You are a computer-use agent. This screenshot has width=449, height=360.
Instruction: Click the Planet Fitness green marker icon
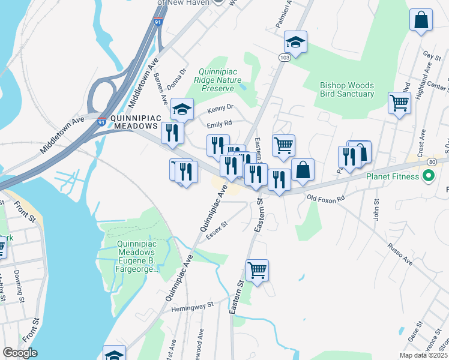click(x=429, y=177)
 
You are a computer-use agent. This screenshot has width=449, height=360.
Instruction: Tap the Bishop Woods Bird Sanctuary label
click(x=347, y=89)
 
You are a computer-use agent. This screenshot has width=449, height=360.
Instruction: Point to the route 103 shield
click(x=284, y=56)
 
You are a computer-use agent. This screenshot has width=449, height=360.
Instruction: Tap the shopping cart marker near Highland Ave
click(x=399, y=103)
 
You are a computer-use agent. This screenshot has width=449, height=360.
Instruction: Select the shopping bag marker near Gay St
click(x=421, y=19)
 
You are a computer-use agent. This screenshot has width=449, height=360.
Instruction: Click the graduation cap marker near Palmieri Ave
click(x=295, y=41)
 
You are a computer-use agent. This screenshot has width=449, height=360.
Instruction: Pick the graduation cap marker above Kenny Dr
click(x=182, y=109)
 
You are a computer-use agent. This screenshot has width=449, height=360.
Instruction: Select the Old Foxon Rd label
click(x=326, y=197)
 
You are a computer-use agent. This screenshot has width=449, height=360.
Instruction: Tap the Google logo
click(x=20, y=352)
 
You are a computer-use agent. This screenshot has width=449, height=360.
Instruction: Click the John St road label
click(x=377, y=211)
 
